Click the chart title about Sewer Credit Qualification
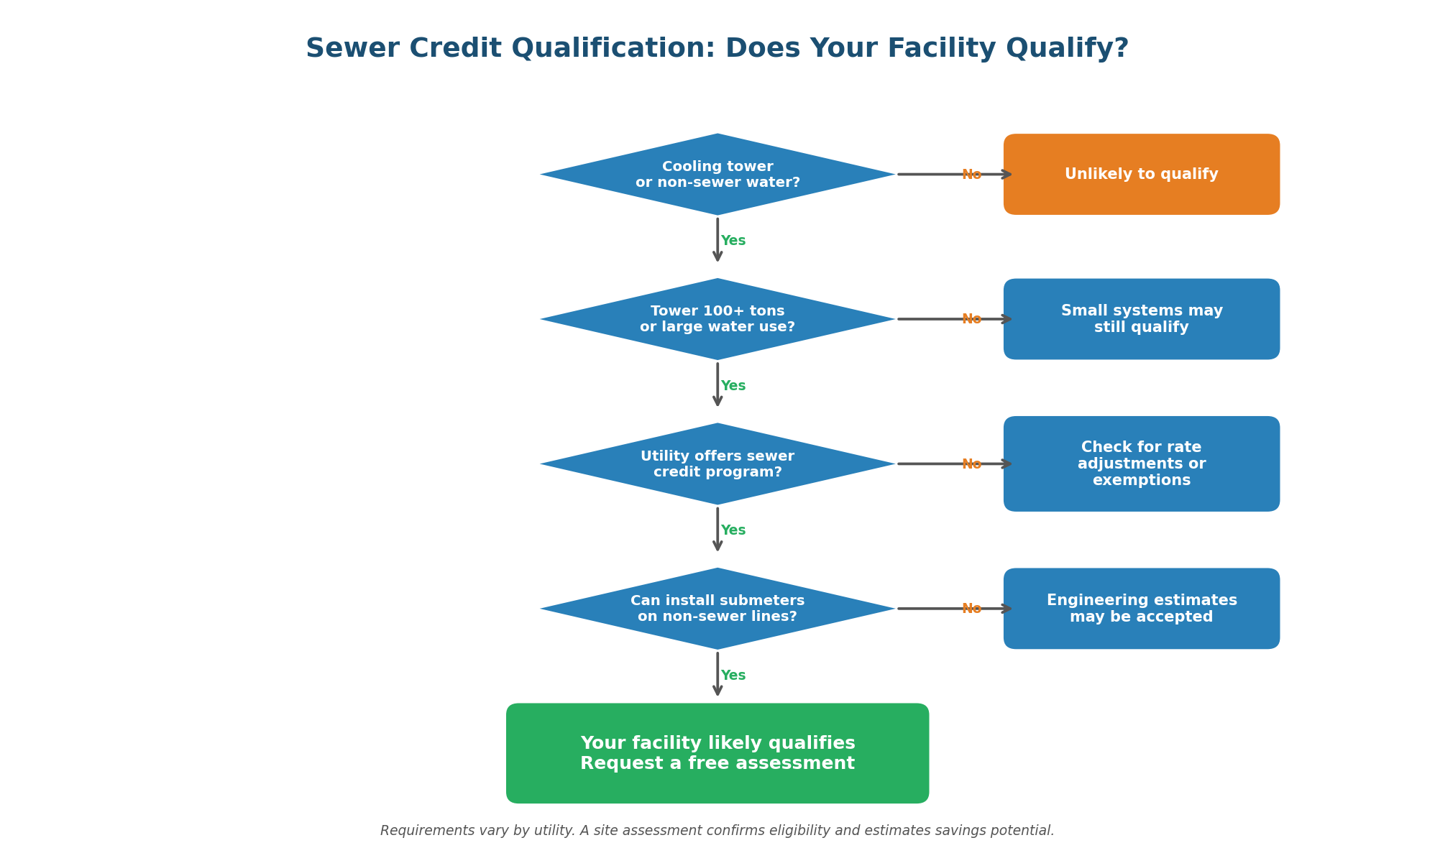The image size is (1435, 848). pos(717,49)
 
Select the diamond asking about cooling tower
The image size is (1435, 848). pos(717,175)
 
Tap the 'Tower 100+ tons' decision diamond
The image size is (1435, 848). pos(717,319)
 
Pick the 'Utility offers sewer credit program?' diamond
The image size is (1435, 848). pos(717,464)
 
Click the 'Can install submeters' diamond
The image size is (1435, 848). pos(717,609)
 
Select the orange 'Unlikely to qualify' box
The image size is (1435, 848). pos(1141,175)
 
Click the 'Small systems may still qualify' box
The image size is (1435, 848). pos(1141,319)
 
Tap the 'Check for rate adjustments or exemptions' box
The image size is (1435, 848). pos(1141,464)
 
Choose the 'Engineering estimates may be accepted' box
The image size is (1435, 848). pos(1141,609)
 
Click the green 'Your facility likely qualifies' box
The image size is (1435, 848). pos(717,753)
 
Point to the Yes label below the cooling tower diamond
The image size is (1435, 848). pos(733,241)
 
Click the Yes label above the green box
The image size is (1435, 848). pos(733,676)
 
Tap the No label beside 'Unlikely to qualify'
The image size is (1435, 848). pos(971,175)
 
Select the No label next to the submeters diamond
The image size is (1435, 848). pos(971,609)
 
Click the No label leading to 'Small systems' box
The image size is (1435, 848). pos(971,319)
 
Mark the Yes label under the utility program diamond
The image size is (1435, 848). pos(733,530)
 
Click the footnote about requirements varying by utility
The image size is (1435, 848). pos(717,831)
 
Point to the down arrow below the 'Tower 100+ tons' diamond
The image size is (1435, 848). pos(717,384)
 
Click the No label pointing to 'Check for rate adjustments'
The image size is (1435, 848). pos(971,464)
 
